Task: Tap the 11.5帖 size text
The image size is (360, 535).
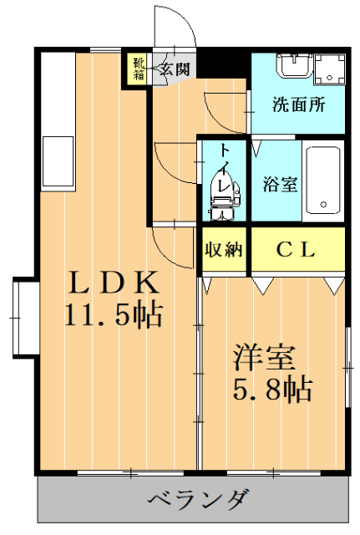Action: point(113,315)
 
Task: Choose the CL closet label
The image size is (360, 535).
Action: point(296,249)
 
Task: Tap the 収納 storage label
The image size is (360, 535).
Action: point(223,249)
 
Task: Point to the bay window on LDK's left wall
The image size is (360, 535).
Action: point(23,318)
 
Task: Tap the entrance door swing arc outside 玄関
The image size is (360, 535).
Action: point(177,29)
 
